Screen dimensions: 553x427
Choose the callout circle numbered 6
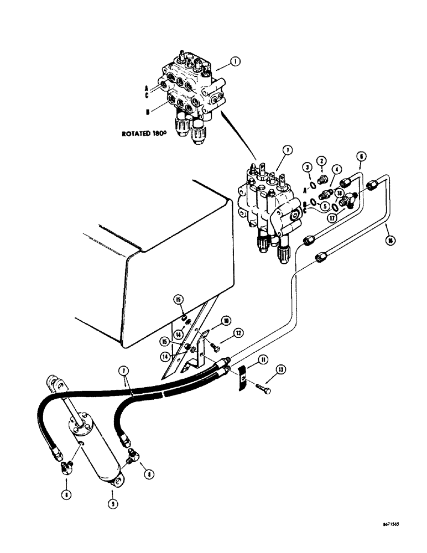[x=362, y=156]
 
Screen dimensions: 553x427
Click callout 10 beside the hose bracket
[x=226, y=321]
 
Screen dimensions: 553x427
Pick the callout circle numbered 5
[x=325, y=206]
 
